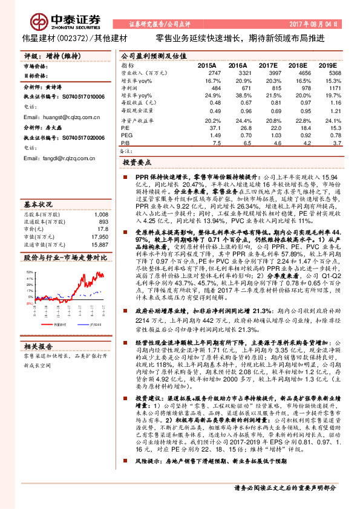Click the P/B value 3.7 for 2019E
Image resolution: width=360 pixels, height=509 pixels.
tap(329, 144)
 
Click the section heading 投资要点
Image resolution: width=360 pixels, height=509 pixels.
tap(137, 163)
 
